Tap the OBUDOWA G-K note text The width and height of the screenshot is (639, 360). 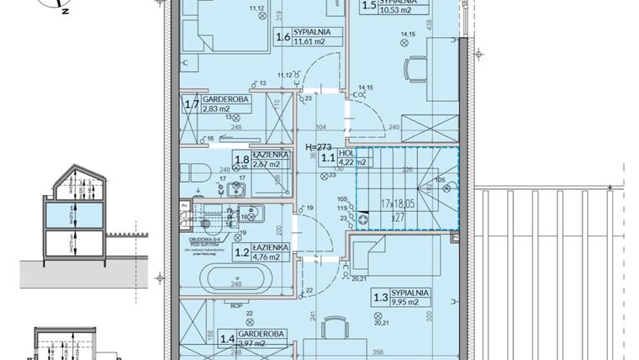click(210, 239)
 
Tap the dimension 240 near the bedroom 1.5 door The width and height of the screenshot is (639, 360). click(394, 126)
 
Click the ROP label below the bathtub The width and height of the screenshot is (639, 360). click(239, 304)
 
